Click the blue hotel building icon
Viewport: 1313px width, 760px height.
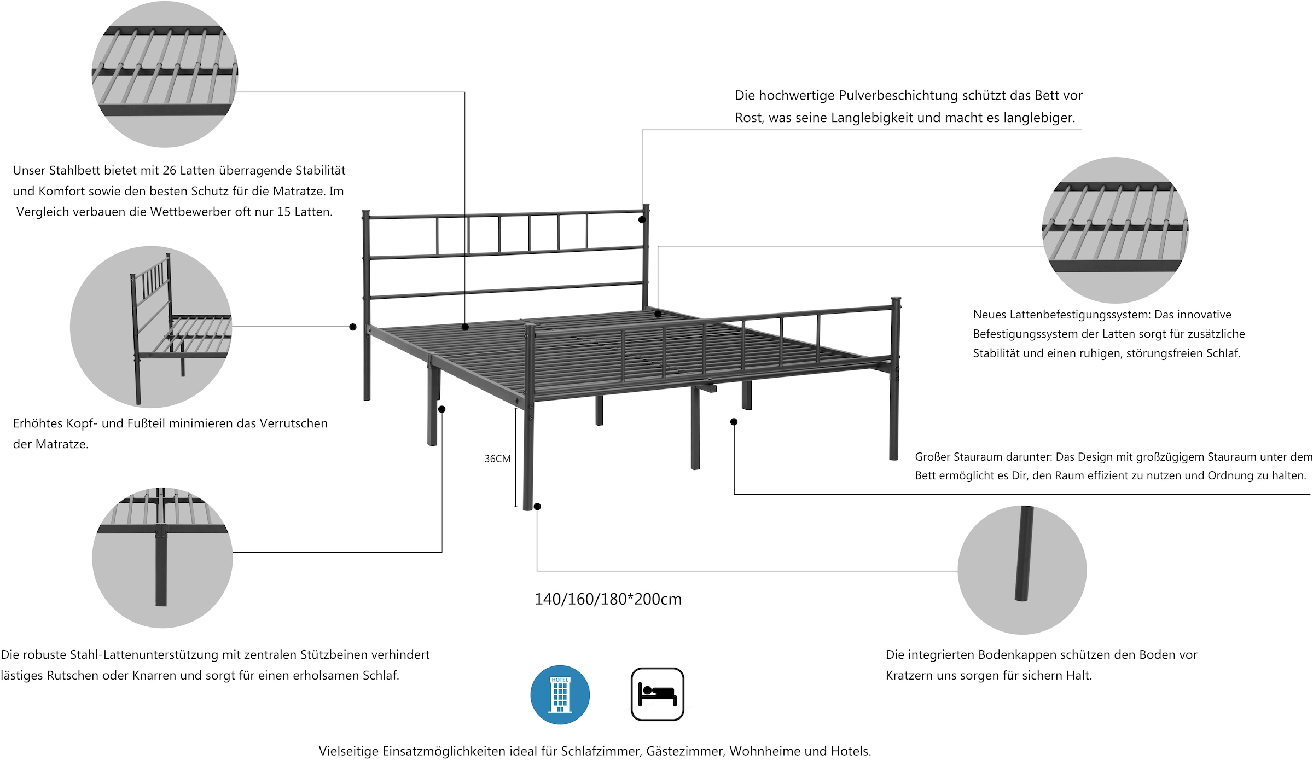pyautogui.click(x=560, y=694)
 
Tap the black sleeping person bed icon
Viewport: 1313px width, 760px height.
pyautogui.click(x=657, y=694)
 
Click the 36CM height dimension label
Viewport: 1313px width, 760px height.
pyautogui.click(x=497, y=459)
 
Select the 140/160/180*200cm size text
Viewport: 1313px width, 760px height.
pyautogui.click(x=608, y=599)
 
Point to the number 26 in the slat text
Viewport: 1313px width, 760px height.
pyautogui.click(x=169, y=171)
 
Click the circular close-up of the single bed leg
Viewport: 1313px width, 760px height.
pyautogui.click(x=1022, y=570)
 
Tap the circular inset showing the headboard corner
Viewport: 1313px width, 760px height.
pyautogui.click(x=151, y=327)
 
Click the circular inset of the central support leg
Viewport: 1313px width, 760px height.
pyautogui.click(x=162, y=558)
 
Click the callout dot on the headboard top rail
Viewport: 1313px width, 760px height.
pyautogui.click(x=642, y=219)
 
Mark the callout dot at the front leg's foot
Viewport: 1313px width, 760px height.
pyautogui.click(x=537, y=507)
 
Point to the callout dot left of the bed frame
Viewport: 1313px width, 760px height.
pyautogui.click(x=353, y=327)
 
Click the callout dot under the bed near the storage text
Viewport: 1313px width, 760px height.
pyautogui.click(x=734, y=422)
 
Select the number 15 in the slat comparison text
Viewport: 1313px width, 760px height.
pyautogui.click(x=283, y=212)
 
